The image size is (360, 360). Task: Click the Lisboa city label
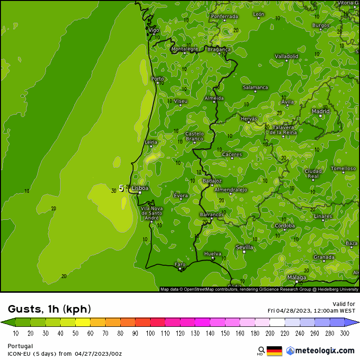[140, 188]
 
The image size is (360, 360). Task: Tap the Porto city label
[157, 79]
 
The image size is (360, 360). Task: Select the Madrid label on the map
[321, 111]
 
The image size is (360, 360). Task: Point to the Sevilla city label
[244, 247]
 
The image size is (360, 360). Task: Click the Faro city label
[180, 264]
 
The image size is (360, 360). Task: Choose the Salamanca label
[255, 87]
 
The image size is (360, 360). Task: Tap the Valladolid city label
[287, 56]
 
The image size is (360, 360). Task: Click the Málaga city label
[297, 278]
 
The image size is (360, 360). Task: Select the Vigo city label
[154, 30]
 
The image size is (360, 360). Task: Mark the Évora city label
[180, 196]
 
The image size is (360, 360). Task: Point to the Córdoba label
[285, 226]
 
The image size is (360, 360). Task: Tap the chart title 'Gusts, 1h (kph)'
[49, 309]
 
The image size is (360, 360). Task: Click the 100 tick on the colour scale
[150, 333]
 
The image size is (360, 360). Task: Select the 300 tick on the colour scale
[344, 333]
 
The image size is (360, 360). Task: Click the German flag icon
[274, 351]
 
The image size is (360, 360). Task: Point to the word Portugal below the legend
[20, 346]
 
